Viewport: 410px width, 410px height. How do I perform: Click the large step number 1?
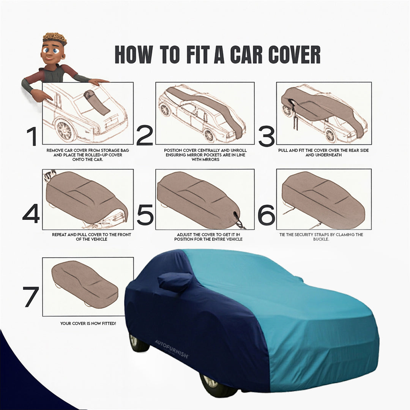click(x=32, y=136)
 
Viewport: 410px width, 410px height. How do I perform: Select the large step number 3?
click(x=266, y=136)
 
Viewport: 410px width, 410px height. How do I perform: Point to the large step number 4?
click(x=31, y=214)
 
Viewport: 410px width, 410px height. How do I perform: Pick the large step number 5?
click(x=145, y=214)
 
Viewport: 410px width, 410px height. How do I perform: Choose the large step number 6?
click(x=266, y=214)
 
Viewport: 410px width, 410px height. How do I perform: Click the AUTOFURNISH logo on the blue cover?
click(x=171, y=349)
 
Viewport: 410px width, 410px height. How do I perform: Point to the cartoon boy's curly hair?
click(x=55, y=39)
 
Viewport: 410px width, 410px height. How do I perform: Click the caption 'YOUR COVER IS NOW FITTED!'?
click(x=88, y=323)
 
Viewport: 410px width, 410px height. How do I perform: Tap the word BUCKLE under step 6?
click(x=321, y=239)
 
